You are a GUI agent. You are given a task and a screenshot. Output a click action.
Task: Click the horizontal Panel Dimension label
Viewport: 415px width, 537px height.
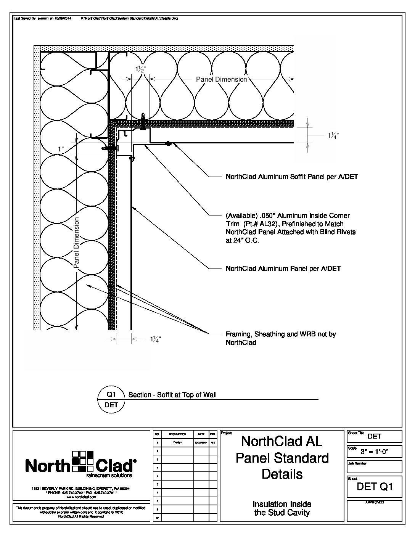[221, 79]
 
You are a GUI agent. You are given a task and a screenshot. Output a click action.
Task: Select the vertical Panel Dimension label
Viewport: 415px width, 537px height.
[76, 243]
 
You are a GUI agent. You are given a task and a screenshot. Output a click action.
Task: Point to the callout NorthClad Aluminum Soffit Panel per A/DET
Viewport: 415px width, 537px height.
[292, 177]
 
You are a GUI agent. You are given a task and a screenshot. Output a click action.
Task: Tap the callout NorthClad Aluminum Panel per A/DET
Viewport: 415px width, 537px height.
[283, 268]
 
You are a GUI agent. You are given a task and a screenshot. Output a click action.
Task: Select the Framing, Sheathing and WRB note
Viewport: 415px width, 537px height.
[280, 338]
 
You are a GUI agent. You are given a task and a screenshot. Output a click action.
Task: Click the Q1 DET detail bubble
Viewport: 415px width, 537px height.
[111, 399]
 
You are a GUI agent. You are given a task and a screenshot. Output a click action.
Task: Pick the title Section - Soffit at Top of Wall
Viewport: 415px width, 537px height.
[172, 395]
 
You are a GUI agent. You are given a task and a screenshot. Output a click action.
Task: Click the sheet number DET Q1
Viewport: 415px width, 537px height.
[374, 487]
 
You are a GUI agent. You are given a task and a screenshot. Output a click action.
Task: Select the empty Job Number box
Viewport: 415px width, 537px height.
[374, 468]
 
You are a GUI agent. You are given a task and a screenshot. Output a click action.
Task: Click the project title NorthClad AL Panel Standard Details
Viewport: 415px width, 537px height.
[282, 458]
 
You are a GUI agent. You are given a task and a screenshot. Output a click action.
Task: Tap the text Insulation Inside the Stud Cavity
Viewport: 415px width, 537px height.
[282, 508]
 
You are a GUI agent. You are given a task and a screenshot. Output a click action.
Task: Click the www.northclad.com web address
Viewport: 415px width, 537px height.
[80, 497]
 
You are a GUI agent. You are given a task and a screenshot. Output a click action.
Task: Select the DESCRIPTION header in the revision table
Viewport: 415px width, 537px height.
[177, 434]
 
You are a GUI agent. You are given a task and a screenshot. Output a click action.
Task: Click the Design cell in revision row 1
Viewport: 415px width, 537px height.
[177, 442]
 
